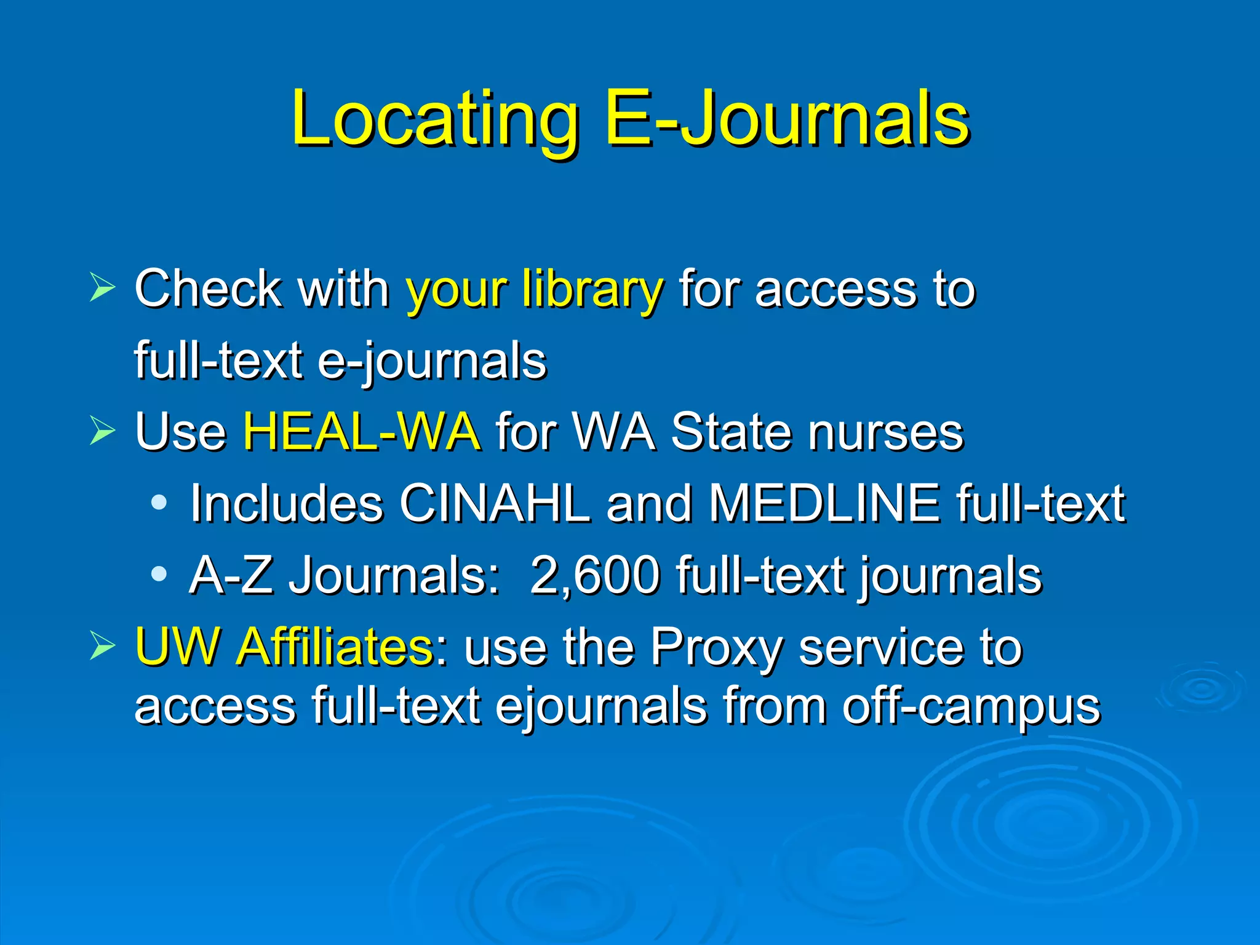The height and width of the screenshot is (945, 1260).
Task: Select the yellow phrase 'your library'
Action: coord(534,289)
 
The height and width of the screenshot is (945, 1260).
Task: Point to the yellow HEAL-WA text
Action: coord(361,432)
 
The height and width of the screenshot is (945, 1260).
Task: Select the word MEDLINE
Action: coord(824,504)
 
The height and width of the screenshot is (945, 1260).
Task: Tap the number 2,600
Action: coord(594,576)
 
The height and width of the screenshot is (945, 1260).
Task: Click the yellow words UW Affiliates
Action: coord(285,647)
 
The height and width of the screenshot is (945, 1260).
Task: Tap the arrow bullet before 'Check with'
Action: coord(102,287)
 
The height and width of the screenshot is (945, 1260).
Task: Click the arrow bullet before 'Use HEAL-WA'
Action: coord(102,430)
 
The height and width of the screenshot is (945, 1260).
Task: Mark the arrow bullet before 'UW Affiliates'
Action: coord(102,646)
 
